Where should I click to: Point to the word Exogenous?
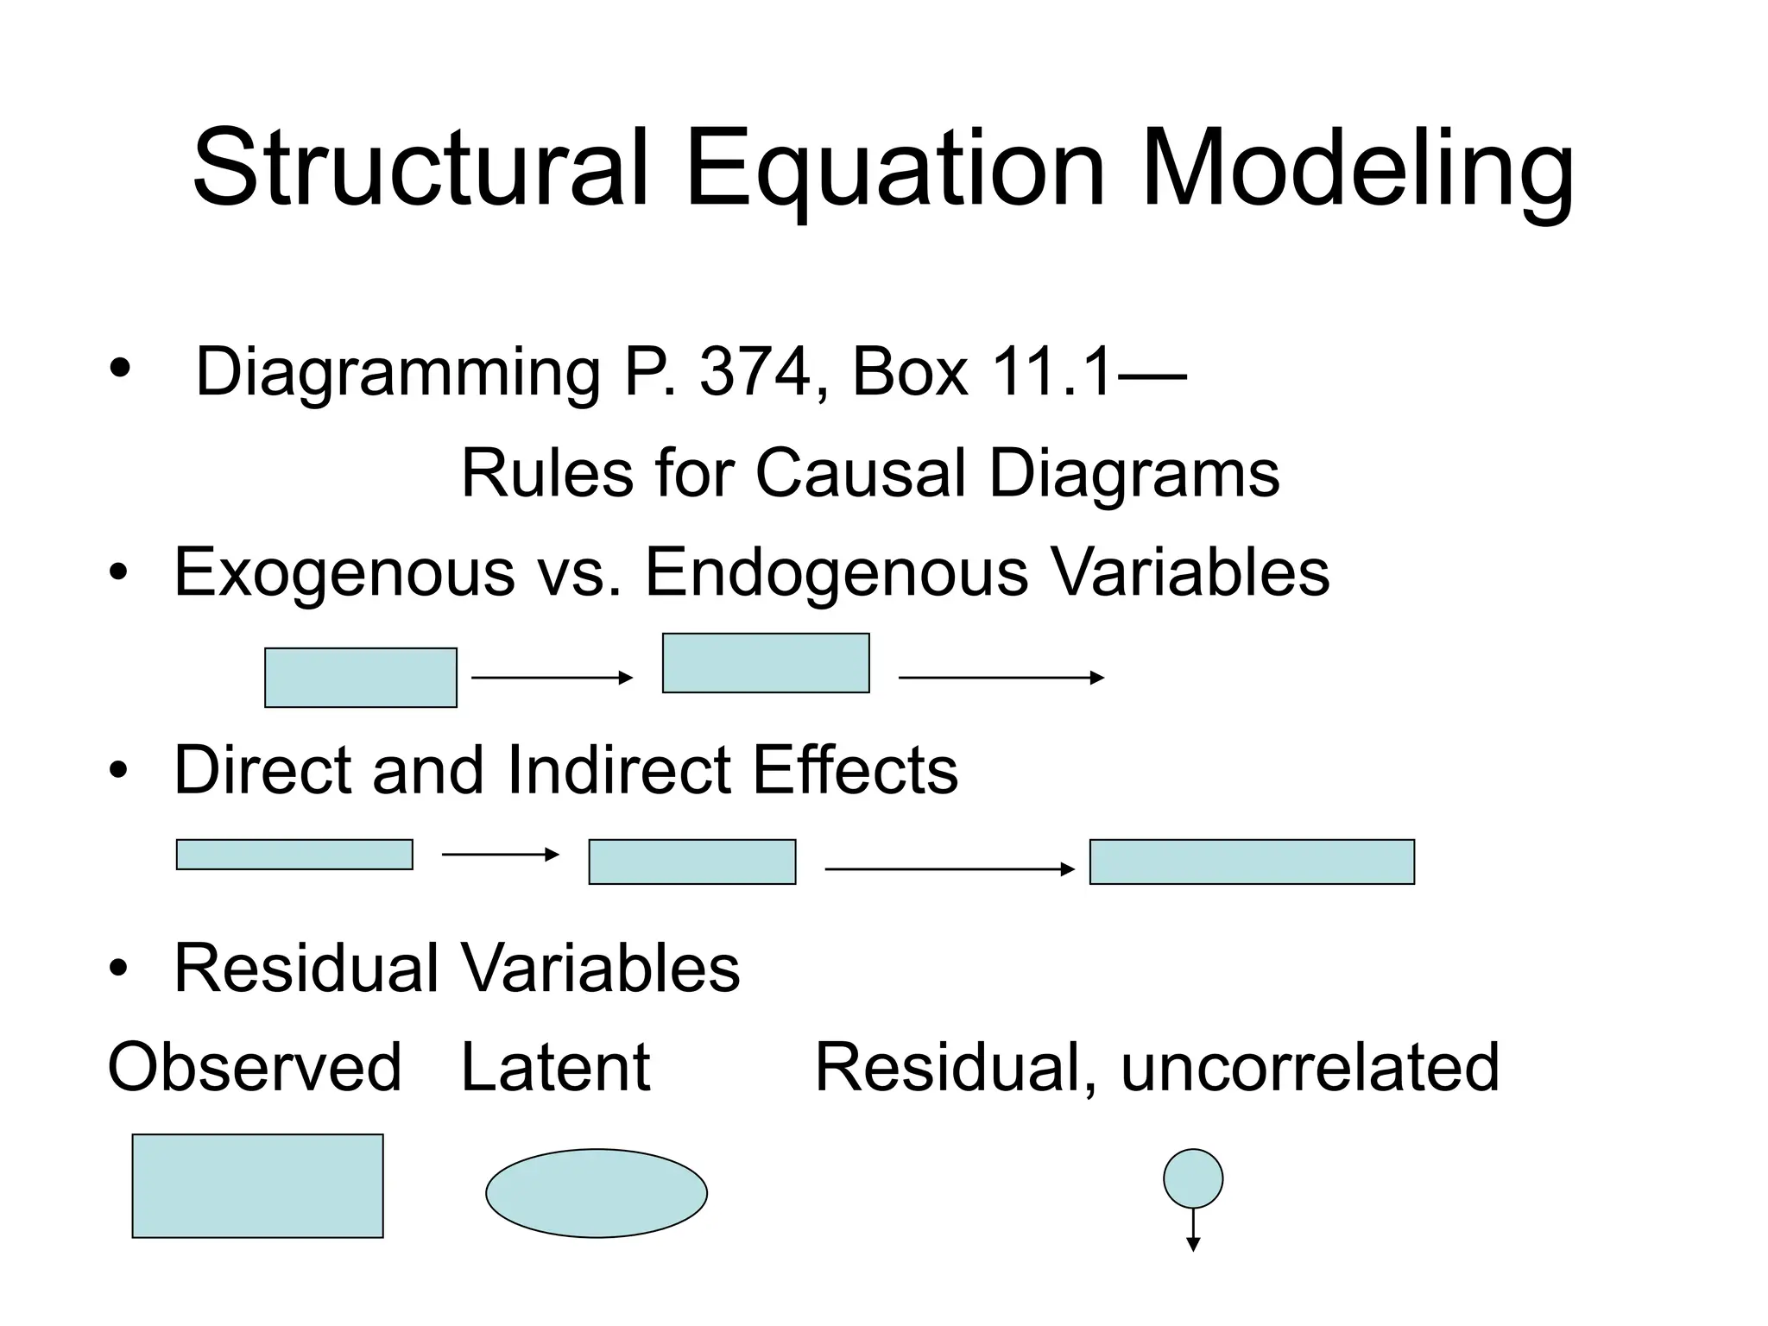coord(344,572)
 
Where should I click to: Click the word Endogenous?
coord(837,572)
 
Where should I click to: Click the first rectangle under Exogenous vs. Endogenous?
coord(361,678)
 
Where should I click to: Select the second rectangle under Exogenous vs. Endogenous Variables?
coord(766,663)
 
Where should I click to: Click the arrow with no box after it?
coord(1001,678)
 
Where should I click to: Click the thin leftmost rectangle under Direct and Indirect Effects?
coord(294,855)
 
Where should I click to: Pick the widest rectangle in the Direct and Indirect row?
coord(1252,862)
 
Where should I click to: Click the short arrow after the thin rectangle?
coord(501,855)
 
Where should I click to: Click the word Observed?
coord(255,1068)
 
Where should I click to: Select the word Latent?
coord(555,1068)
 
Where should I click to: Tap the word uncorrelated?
coord(1310,1068)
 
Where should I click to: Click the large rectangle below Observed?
coord(257,1186)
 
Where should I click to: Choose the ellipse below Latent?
coord(597,1193)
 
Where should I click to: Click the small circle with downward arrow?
coord(1193,1179)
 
